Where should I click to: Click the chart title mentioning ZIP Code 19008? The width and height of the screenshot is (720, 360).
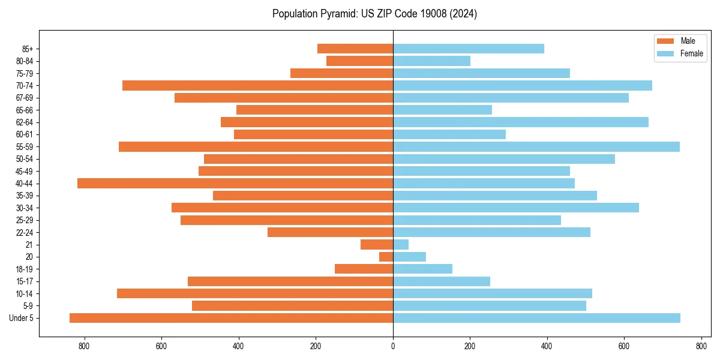point(374,14)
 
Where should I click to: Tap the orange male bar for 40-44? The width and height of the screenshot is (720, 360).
point(235,183)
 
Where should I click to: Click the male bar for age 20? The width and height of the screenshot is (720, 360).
point(386,257)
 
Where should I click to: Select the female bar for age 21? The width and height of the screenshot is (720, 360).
point(401,244)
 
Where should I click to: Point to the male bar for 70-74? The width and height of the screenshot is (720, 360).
point(257,85)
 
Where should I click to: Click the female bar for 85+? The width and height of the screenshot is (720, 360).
point(469,49)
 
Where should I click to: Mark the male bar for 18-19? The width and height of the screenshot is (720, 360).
point(364,269)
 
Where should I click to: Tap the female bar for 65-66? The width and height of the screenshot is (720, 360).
point(442,110)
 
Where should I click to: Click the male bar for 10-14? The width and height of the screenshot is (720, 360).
point(255,293)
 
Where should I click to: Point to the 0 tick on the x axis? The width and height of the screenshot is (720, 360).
point(393,346)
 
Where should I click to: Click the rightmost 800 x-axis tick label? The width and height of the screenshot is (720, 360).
point(701,346)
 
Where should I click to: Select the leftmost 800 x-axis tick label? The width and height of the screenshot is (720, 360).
point(84,346)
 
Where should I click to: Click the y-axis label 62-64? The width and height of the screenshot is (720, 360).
point(25,122)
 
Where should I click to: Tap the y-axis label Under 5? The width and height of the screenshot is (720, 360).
point(21,318)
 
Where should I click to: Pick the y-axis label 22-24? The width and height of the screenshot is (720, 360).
point(25,232)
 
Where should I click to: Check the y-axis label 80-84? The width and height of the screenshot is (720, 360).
point(25,61)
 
